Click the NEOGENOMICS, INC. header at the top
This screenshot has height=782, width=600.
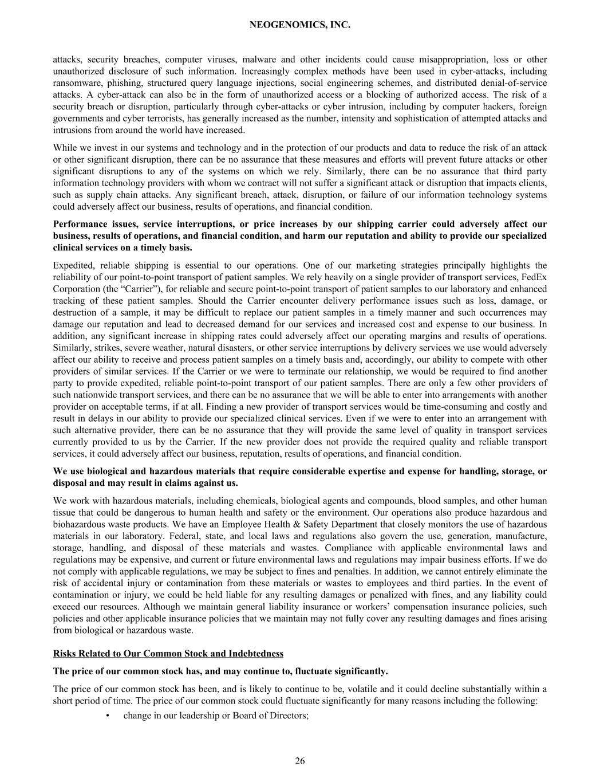[300, 25]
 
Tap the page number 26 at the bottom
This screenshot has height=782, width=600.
[300, 761]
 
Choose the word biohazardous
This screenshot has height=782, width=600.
[80, 524]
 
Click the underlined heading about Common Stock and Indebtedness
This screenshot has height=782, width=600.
[168, 654]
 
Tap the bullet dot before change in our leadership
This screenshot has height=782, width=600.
[108, 716]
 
